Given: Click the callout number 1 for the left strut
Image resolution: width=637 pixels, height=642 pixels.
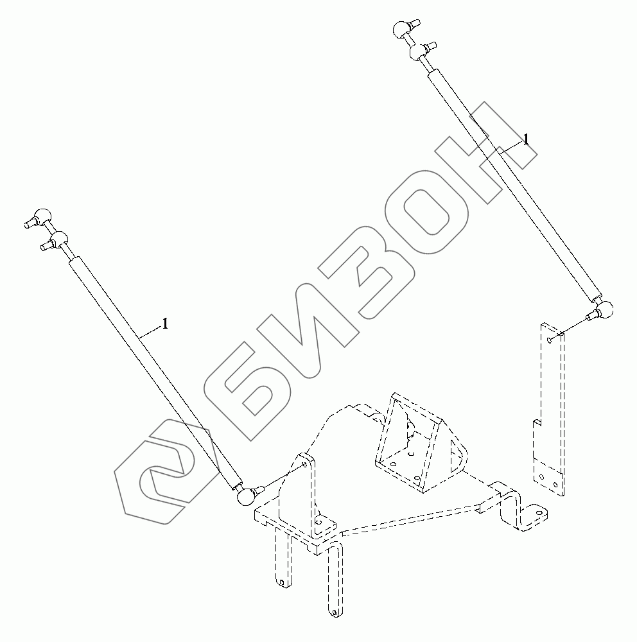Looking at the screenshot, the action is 165,324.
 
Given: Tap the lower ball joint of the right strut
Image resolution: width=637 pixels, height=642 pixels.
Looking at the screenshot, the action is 606,310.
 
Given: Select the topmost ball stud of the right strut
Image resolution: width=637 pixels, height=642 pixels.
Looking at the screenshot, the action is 402,28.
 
